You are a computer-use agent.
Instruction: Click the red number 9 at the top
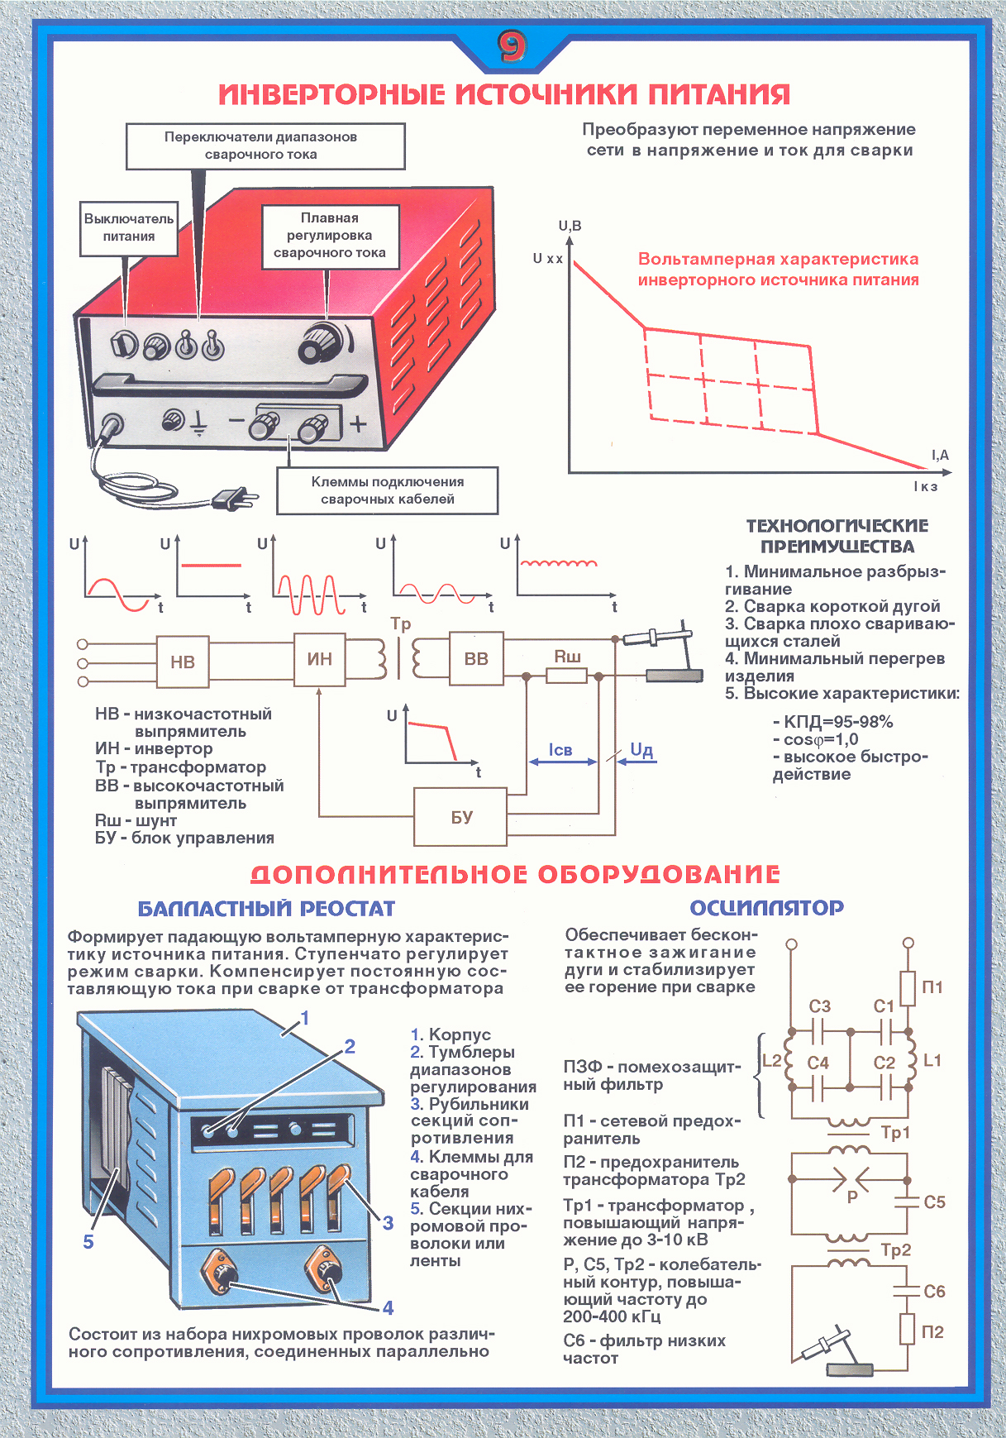point(512,47)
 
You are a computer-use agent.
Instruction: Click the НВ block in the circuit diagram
point(183,662)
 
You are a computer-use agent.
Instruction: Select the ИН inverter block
point(320,659)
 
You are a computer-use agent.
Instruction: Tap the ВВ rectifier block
point(476,659)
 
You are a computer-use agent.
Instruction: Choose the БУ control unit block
point(460,817)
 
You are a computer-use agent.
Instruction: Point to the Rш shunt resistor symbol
point(566,676)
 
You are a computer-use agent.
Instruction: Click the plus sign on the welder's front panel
point(357,424)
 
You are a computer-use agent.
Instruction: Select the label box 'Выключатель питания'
point(129,227)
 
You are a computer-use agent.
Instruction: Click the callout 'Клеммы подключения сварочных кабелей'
point(387,490)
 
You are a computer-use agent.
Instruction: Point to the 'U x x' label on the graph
point(547,259)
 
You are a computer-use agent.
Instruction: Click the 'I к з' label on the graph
point(926,486)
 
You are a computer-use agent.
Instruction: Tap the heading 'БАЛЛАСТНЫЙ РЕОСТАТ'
point(266,909)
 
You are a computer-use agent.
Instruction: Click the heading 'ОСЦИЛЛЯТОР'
point(766,908)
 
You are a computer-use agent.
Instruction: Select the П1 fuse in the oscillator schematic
point(908,987)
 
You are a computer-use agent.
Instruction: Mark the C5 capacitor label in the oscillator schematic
point(934,1202)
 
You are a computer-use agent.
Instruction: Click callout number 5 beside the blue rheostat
point(88,1241)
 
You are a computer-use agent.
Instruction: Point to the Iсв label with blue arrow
point(560,750)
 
